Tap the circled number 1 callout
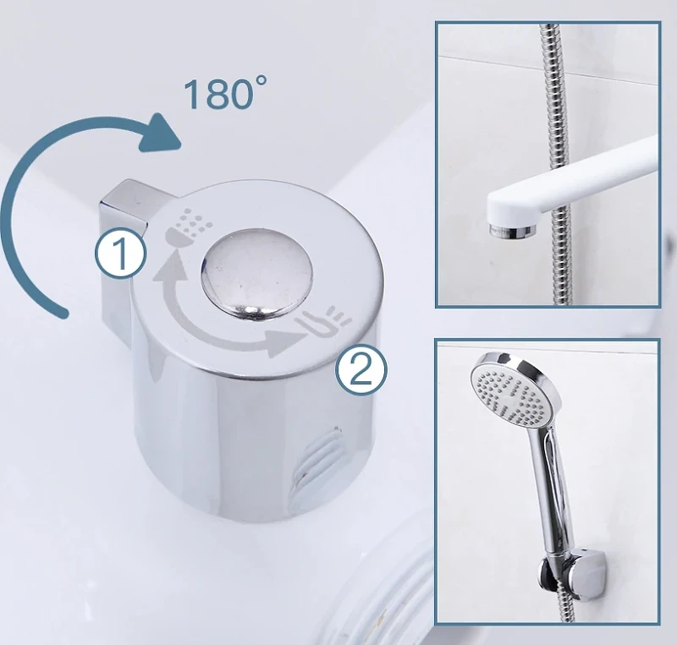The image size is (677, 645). click(x=121, y=254)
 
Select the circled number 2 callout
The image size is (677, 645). click(x=361, y=370)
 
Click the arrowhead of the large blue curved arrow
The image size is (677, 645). click(x=160, y=133)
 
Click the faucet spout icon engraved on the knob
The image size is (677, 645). click(x=324, y=321)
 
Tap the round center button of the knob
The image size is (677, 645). click(x=256, y=274)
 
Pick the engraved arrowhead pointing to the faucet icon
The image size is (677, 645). click(x=282, y=342)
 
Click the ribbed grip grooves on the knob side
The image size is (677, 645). click(x=317, y=462)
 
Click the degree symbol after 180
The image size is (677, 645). click(x=261, y=80)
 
